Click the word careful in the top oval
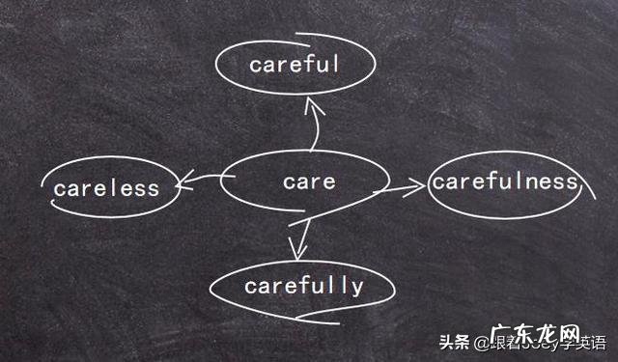pyautogui.click(x=294, y=65)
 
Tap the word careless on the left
pyautogui.click(x=106, y=188)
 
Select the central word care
pyautogui.click(x=309, y=181)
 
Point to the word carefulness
pyautogui.click(x=504, y=181)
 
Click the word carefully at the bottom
pyautogui.click(x=303, y=286)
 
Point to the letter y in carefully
pyautogui.click(x=358, y=288)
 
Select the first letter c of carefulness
pyautogui.click(x=437, y=181)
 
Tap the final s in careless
pyautogui.click(x=154, y=188)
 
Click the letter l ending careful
pyautogui.click(x=336, y=64)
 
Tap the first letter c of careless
pyautogui.click(x=59, y=189)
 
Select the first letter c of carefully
pyautogui.click(x=250, y=287)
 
